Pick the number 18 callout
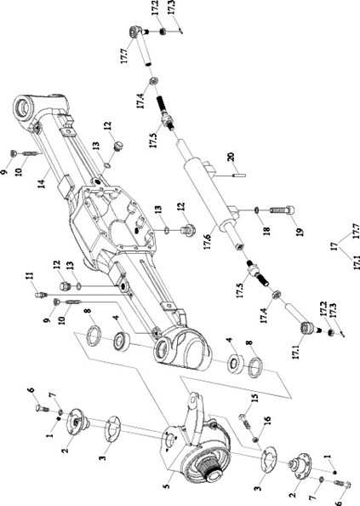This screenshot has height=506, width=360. click(266, 229)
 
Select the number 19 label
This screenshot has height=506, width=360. click(300, 232)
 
